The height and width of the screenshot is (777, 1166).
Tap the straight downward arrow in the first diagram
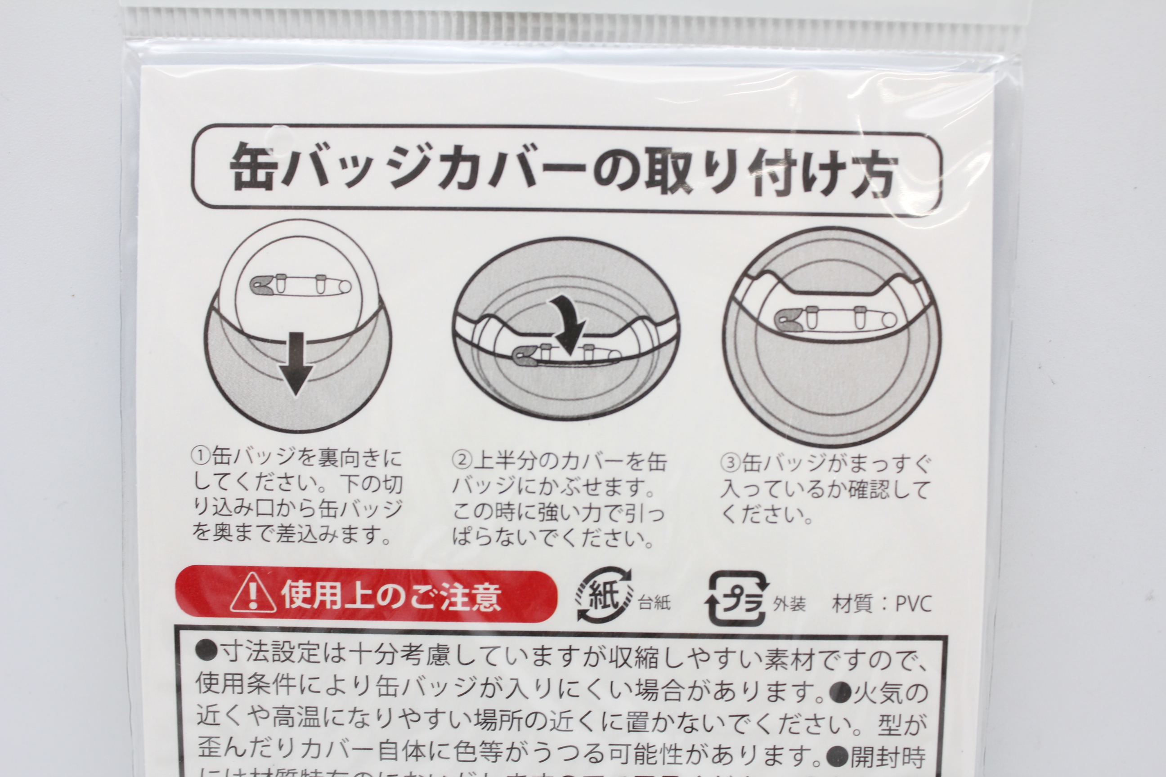pos(296,363)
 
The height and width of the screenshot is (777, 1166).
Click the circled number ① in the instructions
pos(201,456)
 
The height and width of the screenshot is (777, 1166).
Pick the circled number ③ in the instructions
pos(730,463)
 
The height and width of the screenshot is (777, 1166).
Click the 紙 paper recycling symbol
pos(604,594)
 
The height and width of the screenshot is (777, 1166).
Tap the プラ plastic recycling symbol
pos(736,598)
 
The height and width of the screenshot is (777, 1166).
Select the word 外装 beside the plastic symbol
pos(789,603)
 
